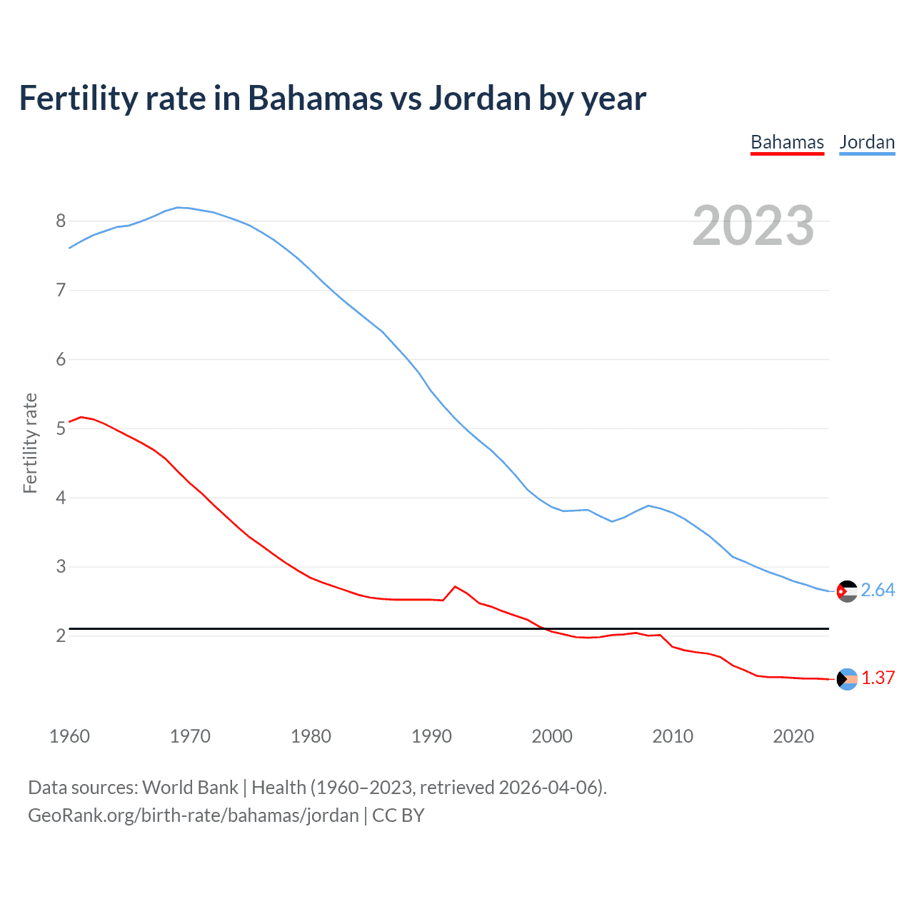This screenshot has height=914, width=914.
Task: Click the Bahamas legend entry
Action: [787, 142]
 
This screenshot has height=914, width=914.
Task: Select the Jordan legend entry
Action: [867, 142]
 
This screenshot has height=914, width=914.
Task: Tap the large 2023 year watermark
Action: [753, 226]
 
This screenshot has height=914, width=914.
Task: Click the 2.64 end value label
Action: [878, 591]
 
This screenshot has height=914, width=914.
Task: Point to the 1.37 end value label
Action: [878, 678]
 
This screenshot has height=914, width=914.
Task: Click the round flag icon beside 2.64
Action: [847, 591]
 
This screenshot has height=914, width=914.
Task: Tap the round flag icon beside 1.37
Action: [847, 679]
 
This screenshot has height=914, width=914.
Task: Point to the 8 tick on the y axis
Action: [61, 221]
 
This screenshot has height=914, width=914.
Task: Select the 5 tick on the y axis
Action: [61, 429]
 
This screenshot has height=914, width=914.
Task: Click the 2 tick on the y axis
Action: [61, 636]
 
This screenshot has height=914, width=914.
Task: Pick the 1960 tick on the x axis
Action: [69, 736]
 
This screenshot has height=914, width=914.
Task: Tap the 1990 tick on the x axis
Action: [431, 736]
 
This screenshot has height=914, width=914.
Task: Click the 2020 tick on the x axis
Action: [793, 736]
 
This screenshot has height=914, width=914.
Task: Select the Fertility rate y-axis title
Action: [30, 443]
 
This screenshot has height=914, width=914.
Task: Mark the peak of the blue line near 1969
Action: [179, 208]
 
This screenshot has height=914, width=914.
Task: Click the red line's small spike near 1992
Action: [455, 586]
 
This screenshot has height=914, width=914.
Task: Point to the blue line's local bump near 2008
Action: [648, 506]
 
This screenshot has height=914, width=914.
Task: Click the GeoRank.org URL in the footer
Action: [193, 815]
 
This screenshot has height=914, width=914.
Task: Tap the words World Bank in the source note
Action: [190, 788]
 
